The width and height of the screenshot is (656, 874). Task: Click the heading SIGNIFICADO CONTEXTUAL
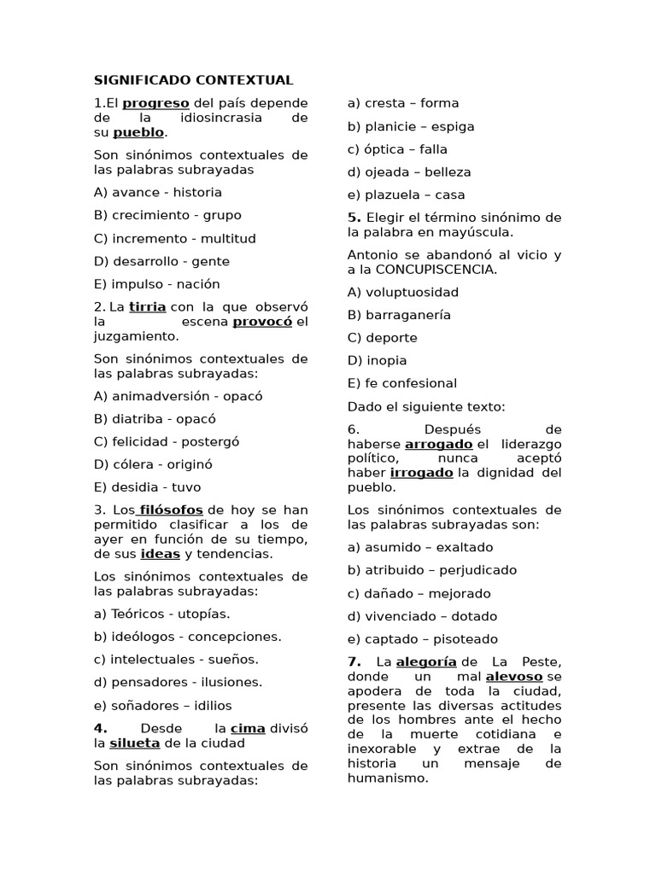[193, 80]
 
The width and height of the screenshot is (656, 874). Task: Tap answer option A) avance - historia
[157, 192]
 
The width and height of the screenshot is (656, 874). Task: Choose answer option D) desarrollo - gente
[161, 261]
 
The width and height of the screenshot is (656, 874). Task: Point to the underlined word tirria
[147, 306]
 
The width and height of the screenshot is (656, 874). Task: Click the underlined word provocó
[262, 322]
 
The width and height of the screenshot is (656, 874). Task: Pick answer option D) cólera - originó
[153, 464]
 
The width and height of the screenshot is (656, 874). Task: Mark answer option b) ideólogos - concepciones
[187, 637]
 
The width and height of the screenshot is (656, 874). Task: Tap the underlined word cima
[248, 728]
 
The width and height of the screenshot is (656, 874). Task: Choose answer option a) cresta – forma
[403, 103]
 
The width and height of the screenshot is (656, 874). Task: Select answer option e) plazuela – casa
[406, 195]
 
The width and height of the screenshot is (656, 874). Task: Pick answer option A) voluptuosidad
[402, 292]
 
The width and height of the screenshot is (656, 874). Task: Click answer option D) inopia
[377, 360]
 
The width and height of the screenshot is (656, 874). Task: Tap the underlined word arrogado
[438, 444]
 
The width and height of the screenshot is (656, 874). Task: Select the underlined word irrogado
[422, 473]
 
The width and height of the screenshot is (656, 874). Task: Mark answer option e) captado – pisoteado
[422, 639]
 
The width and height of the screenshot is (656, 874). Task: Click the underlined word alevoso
[513, 676]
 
